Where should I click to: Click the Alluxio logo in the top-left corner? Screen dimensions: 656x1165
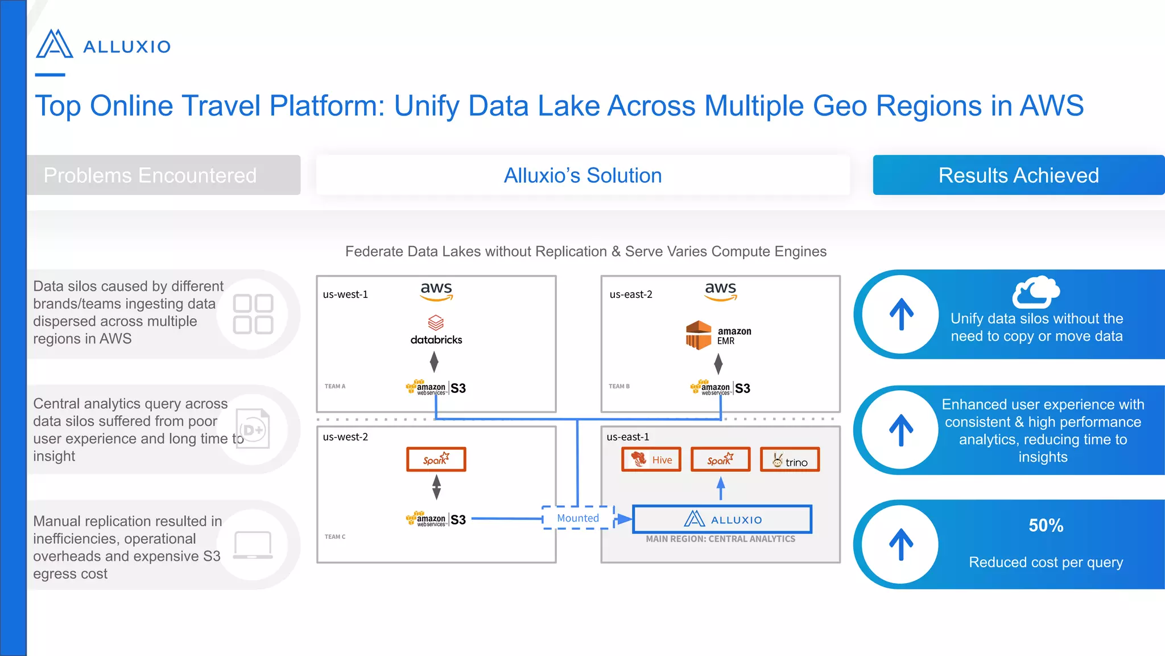tap(103, 44)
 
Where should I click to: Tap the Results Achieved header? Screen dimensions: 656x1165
tap(1018, 175)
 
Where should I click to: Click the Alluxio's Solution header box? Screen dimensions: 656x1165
tap(582, 175)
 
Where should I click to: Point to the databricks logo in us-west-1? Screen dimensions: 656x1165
tap(436, 330)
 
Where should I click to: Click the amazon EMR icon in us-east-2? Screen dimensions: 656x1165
tap(699, 335)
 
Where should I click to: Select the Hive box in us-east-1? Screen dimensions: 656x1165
tap(651, 460)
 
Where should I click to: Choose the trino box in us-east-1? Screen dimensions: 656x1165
tap(790, 460)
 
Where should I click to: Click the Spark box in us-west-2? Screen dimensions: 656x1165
tap(436, 460)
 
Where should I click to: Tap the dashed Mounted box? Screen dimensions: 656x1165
tap(578, 518)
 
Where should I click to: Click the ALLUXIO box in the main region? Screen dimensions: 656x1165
tap(722, 519)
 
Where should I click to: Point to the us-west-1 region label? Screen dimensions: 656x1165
tap(345, 294)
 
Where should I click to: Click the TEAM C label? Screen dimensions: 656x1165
tap(334, 536)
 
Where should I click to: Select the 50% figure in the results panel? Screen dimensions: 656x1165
tap(1046, 525)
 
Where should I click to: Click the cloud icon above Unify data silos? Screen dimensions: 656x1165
tap(1035, 292)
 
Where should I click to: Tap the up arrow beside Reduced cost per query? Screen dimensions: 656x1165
tap(901, 544)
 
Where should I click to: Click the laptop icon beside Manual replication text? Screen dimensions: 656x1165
tap(253, 545)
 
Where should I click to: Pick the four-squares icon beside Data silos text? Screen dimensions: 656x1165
tap(253, 314)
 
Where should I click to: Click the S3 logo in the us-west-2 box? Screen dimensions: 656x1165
tap(436, 519)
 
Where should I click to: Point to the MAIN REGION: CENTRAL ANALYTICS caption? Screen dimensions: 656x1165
tap(720, 539)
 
